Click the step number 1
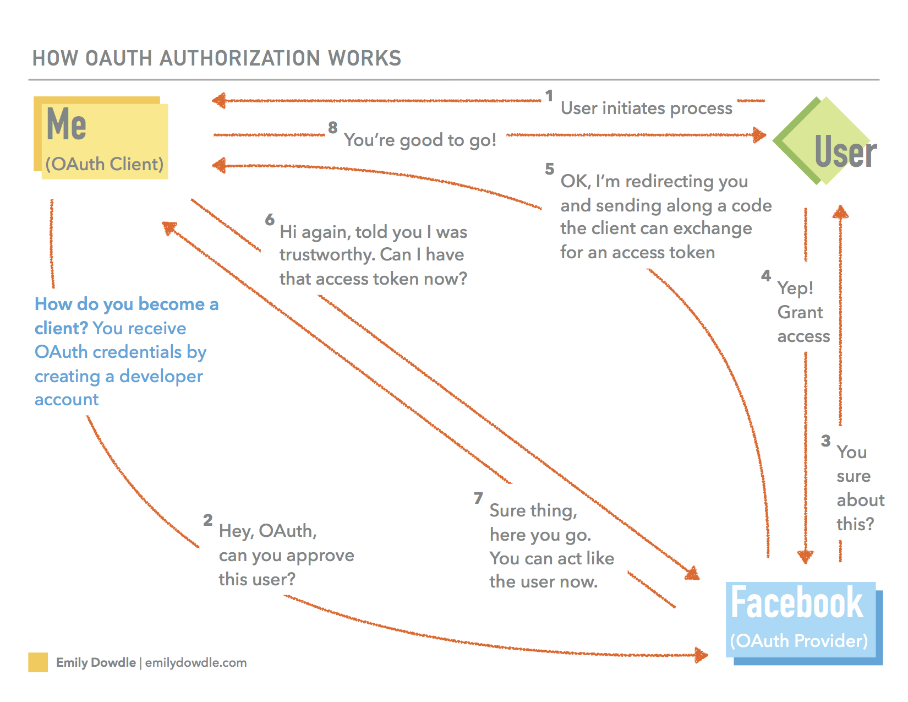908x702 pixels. [x=549, y=96]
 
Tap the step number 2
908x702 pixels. [x=207, y=520]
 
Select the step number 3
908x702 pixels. [x=825, y=440]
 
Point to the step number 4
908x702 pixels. [x=766, y=275]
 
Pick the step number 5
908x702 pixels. [x=549, y=168]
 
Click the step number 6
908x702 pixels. [x=270, y=220]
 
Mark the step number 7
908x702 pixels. [x=478, y=498]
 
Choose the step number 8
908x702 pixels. [x=332, y=128]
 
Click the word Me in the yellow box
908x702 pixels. [x=67, y=124]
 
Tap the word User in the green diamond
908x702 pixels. [x=845, y=153]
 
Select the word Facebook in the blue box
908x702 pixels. [x=797, y=603]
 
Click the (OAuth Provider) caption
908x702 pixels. [x=798, y=640]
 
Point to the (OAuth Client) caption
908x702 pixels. [x=105, y=164]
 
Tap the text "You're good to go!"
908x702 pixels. [x=420, y=140]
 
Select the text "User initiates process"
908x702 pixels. [x=647, y=108]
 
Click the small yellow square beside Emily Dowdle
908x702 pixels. [x=38, y=662]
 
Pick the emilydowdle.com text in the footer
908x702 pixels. [x=196, y=662]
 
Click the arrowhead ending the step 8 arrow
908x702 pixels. [x=760, y=135]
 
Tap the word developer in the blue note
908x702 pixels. [x=161, y=376]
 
